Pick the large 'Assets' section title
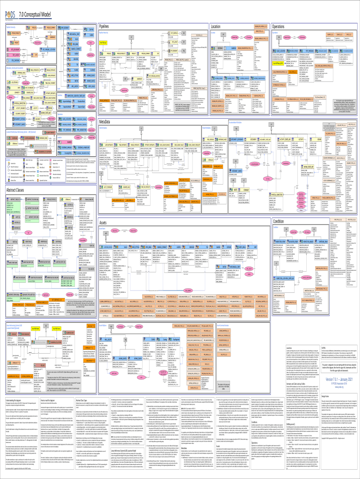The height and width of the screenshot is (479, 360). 105,223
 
